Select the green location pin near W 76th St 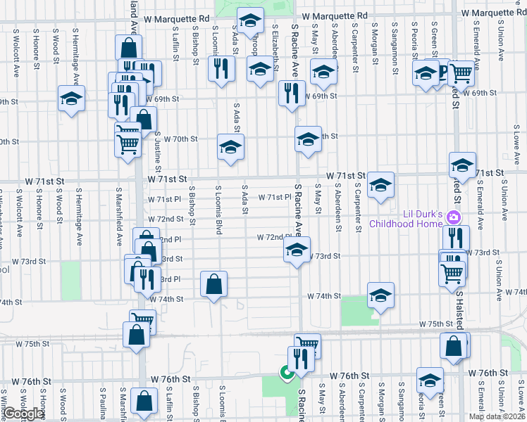[287, 373]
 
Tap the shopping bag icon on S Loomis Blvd [213, 285]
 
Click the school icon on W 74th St [380, 296]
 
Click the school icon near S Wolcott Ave [71, 99]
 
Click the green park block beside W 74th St [354, 311]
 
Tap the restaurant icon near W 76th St [301, 359]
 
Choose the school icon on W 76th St [429, 381]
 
